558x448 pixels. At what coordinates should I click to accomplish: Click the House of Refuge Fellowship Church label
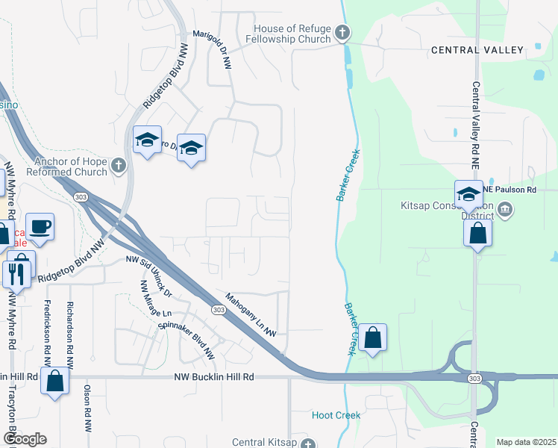pos(292,34)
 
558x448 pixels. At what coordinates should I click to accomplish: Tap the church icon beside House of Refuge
pos(342,33)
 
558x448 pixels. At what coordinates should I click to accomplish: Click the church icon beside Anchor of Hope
pos(119,167)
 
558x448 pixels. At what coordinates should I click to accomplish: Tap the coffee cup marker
pos(40,226)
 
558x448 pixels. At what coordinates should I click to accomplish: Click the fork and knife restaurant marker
pos(14,274)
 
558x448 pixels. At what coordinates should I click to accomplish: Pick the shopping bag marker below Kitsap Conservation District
pos(477,233)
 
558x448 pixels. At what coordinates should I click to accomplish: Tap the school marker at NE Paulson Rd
pos(468,196)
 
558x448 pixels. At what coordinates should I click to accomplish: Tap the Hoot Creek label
pos(336,415)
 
